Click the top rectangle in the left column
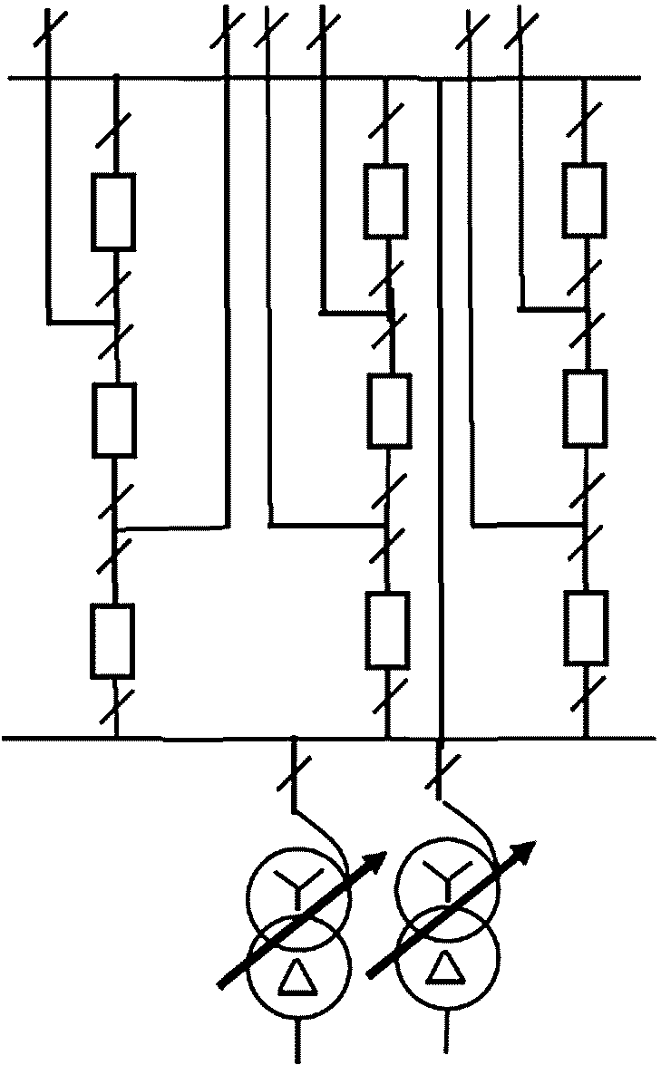click(114, 212)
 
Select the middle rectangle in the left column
click(116, 419)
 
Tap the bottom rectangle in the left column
click(114, 640)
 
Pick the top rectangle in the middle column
click(386, 199)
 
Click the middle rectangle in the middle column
click(389, 411)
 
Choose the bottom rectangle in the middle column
click(388, 629)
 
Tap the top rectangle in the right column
click(583, 199)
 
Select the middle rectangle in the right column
click(584, 409)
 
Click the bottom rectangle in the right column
click(585, 628)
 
